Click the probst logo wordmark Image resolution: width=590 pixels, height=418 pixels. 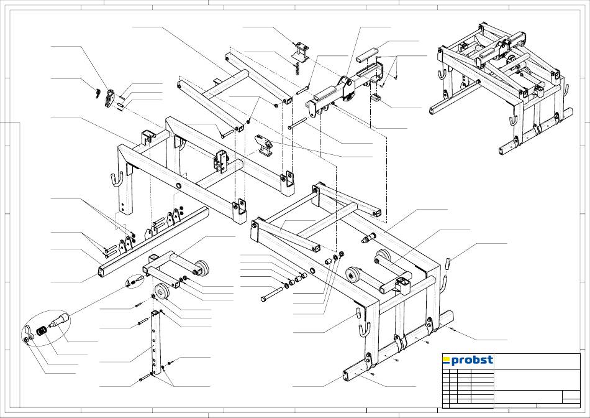tap(472, 360)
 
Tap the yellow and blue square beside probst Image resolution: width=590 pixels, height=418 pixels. tap(447, 360)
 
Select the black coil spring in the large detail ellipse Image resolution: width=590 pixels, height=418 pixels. tap(42, 332)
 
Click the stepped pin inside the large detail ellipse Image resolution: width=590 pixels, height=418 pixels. tap(59, 319)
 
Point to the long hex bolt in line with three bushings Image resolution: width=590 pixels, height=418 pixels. tap(271, 294)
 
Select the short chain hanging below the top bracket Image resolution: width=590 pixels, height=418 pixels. tap(298, 68)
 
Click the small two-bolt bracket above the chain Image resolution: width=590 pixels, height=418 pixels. tap(300, 51)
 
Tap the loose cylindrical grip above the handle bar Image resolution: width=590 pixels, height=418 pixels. tap(367, 54)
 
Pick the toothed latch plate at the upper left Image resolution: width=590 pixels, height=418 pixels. tap(110, 98)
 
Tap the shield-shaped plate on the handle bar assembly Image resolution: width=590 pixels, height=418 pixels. tap(348, 90)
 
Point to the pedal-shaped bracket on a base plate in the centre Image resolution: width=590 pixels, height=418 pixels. tap(265, 144)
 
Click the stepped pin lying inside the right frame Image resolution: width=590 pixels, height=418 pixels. tap(368, 238)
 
